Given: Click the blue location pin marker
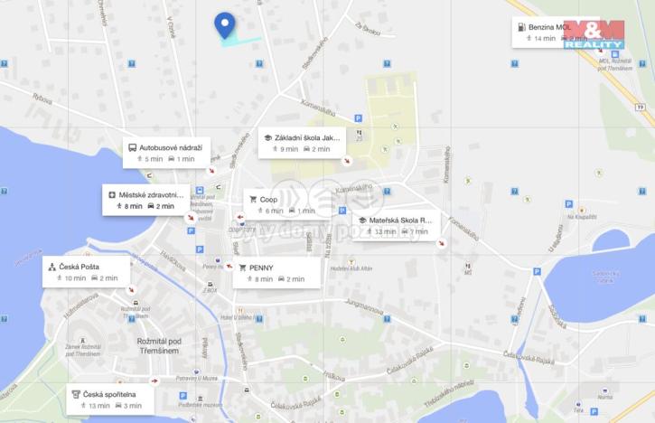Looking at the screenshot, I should click(224, 25).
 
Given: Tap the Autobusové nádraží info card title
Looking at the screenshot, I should click(171, 147).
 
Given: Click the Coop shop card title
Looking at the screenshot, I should click(268, 199).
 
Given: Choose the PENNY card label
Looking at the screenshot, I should click(261, 268).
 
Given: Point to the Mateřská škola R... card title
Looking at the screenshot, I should click(400, 220).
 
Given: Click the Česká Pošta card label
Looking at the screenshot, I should click(79, 267).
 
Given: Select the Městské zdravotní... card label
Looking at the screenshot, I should click(151, 194).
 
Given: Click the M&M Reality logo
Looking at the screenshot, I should click(594, 33).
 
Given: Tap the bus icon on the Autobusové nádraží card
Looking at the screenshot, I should click(132, 147).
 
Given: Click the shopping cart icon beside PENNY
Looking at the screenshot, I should click(241, 268).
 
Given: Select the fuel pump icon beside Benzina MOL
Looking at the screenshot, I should click(521, 27).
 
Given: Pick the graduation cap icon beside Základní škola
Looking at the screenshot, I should click(267, 137).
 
